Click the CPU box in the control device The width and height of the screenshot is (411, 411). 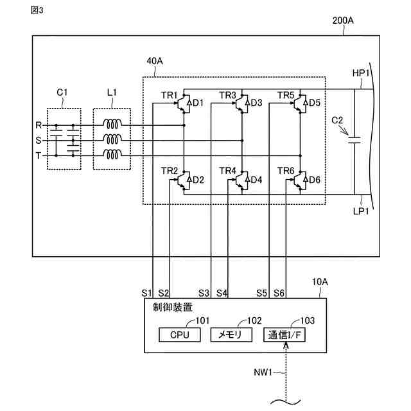180,335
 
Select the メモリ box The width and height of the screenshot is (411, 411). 232,335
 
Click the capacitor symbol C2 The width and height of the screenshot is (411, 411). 354,140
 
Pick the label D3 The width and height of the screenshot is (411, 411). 256,103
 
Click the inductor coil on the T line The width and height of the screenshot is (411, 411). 114,155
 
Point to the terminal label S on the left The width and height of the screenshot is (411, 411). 39,140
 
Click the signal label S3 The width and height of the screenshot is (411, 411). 204,293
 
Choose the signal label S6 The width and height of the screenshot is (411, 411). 279,293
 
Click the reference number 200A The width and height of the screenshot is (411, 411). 342,21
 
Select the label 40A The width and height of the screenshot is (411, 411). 155,61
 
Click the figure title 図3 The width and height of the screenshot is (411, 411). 38,11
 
